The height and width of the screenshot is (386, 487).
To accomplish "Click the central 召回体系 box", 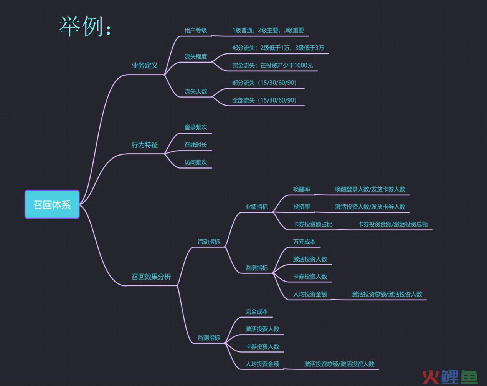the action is click(x=52, y=204).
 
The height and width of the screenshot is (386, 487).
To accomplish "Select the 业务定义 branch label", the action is click(x=145, y=65).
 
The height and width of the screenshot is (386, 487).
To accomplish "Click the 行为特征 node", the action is click(x=145, y=145).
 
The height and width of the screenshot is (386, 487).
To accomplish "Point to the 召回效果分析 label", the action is click(x=151, y=277).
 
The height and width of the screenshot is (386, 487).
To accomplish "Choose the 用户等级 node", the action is click(x=195, y=30).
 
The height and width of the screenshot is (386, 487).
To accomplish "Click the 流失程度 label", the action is click(x=195, y=56).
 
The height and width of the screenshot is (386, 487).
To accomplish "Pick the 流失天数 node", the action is click(x=195, y=91).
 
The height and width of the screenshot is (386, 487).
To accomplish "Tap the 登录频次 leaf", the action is click(x=195, y=127).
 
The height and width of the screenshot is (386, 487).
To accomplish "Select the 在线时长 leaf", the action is click(x=195, y=145).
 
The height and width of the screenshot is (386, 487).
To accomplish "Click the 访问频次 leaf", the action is click(x=195, y=162).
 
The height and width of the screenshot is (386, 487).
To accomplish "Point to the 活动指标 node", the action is click(x=209, y=242).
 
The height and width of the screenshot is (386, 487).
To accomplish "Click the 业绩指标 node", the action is click(x=257, y=207).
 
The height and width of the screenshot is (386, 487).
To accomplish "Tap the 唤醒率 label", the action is click(x=301, y=189).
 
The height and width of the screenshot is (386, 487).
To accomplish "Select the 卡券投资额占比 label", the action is click(x=313, y=224).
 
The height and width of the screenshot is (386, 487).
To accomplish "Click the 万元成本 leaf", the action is click(x=304, y=242).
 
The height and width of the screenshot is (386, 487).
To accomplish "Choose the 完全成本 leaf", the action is click(x=257, y=312).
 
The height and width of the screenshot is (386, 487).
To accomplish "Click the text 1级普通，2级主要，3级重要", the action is click(x=268, y=30).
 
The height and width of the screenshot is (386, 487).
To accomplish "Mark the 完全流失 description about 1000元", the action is click(x=272, y=65).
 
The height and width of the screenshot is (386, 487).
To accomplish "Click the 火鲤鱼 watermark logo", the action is click(x=450, y=376).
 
